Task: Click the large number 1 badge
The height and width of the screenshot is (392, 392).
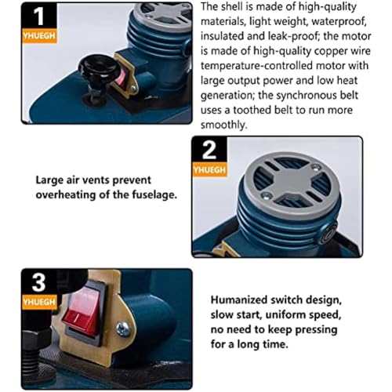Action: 39,16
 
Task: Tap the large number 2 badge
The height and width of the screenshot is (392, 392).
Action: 209,150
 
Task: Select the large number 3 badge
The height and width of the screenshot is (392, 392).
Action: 39,283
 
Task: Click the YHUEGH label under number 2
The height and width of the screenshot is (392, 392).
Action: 209,170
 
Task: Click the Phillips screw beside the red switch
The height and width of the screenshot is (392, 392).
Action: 122,328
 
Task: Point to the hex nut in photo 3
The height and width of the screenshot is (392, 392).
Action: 31,339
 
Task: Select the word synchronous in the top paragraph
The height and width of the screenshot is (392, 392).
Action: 307,96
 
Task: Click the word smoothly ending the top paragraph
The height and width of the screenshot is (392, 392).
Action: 223,125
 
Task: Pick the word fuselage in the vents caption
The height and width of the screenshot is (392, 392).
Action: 154,195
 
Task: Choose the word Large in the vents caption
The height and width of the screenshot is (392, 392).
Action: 49,180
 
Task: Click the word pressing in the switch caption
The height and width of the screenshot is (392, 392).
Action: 316,330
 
